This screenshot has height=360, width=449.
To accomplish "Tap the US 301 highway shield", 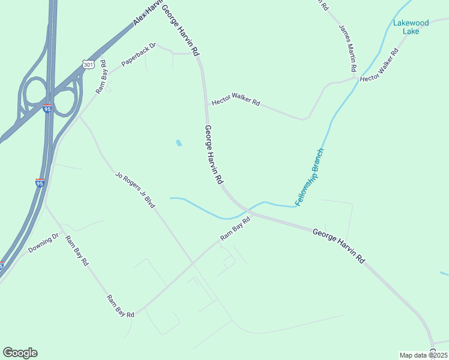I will tap(88, 64).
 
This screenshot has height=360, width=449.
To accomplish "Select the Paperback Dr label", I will tap(138, 54).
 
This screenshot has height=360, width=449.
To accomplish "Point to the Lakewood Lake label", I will tap(411, 27).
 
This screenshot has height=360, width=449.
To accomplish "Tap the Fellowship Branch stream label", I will tap(310, 175).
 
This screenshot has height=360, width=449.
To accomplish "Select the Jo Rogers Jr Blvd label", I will tap(135, 191).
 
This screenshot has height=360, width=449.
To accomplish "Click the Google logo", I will tap(20, 353).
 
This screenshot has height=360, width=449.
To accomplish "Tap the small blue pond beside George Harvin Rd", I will tap(178, 143).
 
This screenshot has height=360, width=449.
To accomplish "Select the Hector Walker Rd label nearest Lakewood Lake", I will tap(379, 66).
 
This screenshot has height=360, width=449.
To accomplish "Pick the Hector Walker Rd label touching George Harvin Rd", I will tap(235, 102).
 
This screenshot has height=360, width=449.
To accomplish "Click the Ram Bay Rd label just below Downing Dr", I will tap(77, 250).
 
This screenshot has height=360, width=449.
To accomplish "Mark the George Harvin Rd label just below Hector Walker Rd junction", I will tap(214, 154).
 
